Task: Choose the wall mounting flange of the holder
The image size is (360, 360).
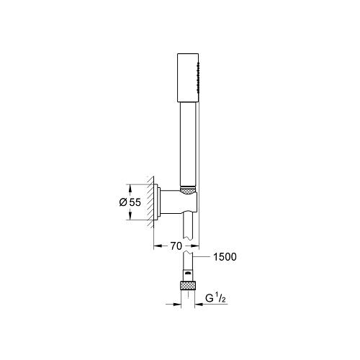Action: tap(158, 202)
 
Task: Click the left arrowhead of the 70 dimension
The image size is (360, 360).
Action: tap(157, 245)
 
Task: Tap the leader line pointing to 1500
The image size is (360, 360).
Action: tap(202, 256)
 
